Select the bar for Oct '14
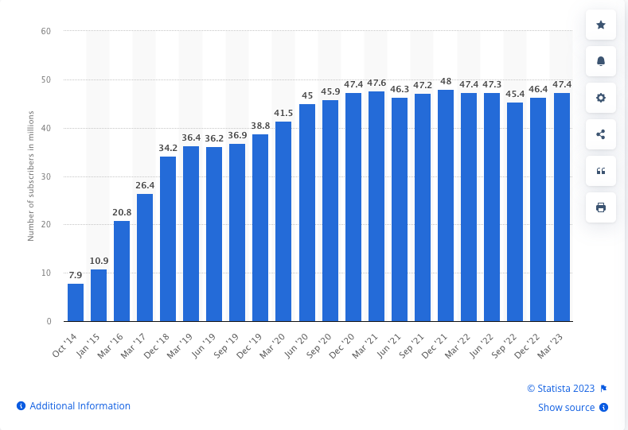(x=76, y=302)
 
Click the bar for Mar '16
(x=122, y=271)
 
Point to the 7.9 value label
(x=76, y=275)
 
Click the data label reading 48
(x=446, y=81)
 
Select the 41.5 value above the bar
(x=283, y=113)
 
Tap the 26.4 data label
(x=145, y=186)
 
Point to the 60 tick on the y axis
(x=46, y=31)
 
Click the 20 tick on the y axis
(x=46, y=225)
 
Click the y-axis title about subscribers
(x=31, y=176)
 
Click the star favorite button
(x=601, y=25)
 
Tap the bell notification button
(x=601, y=61)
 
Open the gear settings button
(x=601, y=98)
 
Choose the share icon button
(x=601, y=134)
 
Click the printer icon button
(x=601, y=207)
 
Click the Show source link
(x=566, y=408)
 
